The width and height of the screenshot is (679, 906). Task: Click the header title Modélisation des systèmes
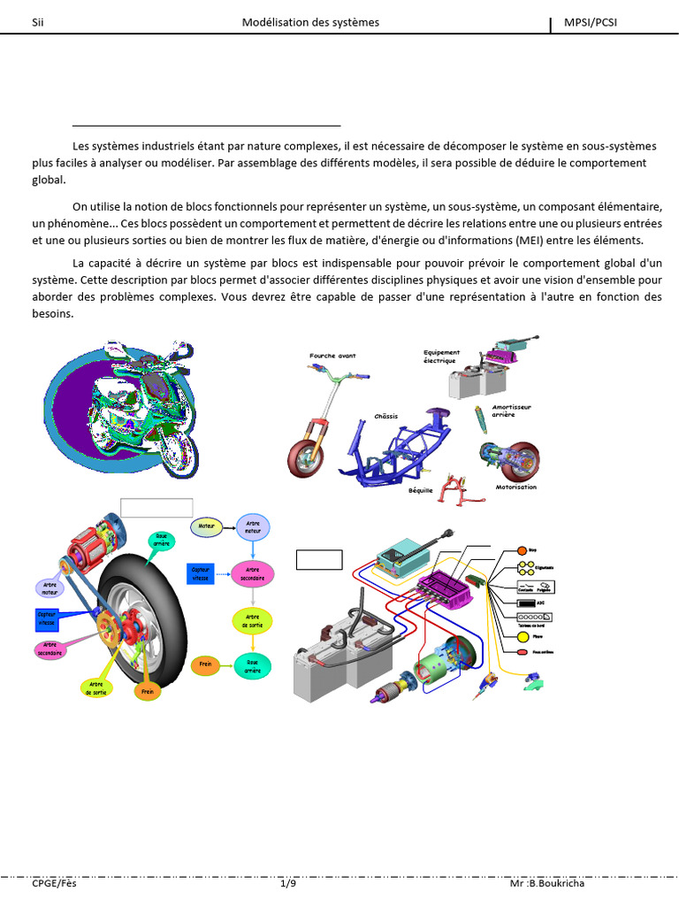[x=310, y=22]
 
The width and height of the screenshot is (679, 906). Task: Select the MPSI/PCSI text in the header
[x=591, y=22]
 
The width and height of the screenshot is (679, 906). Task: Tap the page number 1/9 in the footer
[x=287, y=883]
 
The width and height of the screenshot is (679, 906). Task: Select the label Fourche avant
[x=332, y=356]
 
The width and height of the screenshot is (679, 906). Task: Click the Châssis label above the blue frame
[x=385, y=416]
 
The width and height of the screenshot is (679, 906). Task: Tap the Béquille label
[x=421, y=489]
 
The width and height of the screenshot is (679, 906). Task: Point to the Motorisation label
[x=515, y=487]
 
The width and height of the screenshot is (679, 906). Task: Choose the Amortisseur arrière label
[x=511, y=411]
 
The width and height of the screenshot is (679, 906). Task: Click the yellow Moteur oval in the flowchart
[x=207, y=526]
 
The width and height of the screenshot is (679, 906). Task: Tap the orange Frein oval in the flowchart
[x=205, y=664]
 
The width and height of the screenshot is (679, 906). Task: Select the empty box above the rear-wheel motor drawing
[x=156, y=507]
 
